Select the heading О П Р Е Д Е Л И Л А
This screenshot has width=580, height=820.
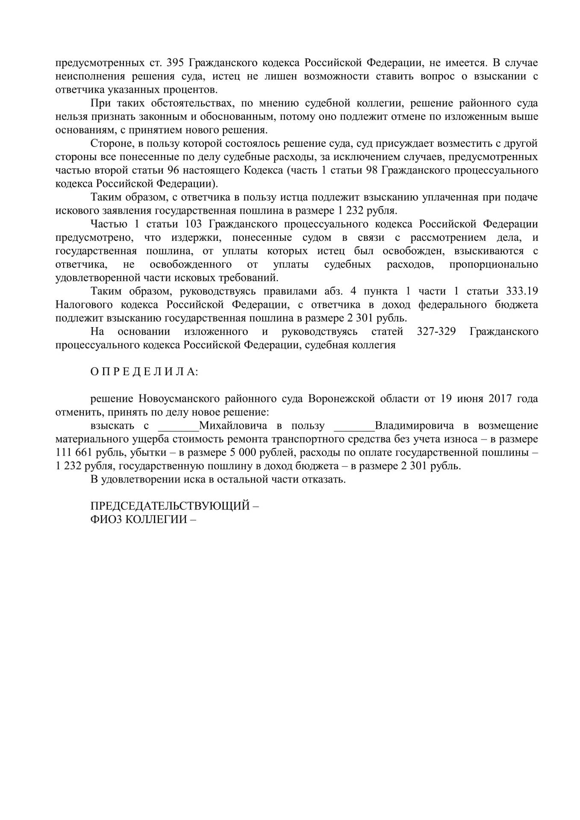point(144,372)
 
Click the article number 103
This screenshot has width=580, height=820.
point(194,224)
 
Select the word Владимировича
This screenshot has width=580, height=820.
point(414,426)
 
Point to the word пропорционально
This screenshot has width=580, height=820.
point(494,264)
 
